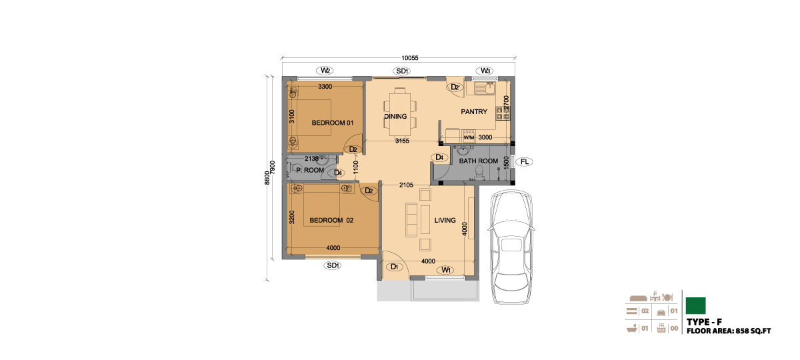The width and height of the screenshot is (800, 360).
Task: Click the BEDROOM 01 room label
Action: pos(333,123)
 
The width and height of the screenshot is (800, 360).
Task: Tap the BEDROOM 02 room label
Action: pos(331,221)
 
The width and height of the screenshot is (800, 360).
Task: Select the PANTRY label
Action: pos(474,112)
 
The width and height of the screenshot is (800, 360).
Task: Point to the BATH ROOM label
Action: pos(478,161)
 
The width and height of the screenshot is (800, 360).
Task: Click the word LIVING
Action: pos(445,221)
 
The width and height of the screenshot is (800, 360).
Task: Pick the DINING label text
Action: pos(395,117)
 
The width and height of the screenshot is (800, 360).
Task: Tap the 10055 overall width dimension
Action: pos(409,58)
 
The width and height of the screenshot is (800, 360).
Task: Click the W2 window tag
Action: pos(325,71)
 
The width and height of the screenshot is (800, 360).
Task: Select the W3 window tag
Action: pos(485,71)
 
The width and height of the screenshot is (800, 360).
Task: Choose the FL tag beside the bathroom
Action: pos(524,162)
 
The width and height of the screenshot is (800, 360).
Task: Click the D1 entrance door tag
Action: pos(394,267)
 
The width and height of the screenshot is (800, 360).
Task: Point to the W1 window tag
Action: pos(446,269)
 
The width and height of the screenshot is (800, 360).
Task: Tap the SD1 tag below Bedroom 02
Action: pos(333,265)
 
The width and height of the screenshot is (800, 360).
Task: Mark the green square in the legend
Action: pos(696,306)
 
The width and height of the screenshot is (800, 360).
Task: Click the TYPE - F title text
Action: pos(704,322)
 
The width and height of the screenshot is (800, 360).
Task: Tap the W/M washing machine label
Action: pos(469,137)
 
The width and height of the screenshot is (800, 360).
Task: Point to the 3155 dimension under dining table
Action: pos(402,141)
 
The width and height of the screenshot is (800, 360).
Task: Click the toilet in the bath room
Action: pos(479,173)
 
